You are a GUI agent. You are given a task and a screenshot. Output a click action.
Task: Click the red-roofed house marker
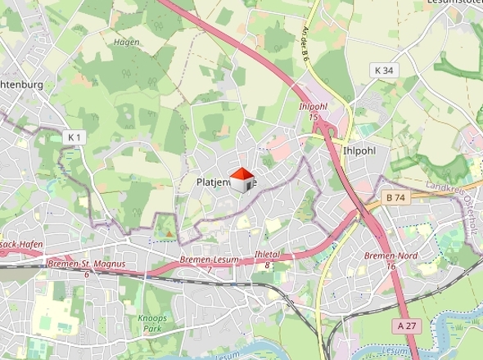pos(241,179)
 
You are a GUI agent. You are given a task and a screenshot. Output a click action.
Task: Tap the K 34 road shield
pos(383,70)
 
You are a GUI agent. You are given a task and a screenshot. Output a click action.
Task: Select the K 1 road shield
pos(75,137)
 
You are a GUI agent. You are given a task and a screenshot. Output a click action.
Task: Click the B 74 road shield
pos(395,198)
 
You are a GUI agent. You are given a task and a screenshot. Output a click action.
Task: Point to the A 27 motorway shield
pos(406,325)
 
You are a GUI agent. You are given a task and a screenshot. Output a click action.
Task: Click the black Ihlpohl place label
pos(361,151)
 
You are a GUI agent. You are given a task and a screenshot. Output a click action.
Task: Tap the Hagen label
pos(126,42)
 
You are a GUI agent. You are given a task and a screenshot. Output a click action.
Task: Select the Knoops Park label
pos(152,322)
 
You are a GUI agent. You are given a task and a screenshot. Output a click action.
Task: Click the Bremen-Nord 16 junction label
pos(381,260)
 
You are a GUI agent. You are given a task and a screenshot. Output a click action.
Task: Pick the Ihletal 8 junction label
pos(267,259)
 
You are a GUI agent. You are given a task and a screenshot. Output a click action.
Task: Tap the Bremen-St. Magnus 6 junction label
pos(85,268)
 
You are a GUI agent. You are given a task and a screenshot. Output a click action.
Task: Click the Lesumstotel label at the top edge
pos(454,2)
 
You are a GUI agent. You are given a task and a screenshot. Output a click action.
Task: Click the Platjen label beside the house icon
pos(214,182)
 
